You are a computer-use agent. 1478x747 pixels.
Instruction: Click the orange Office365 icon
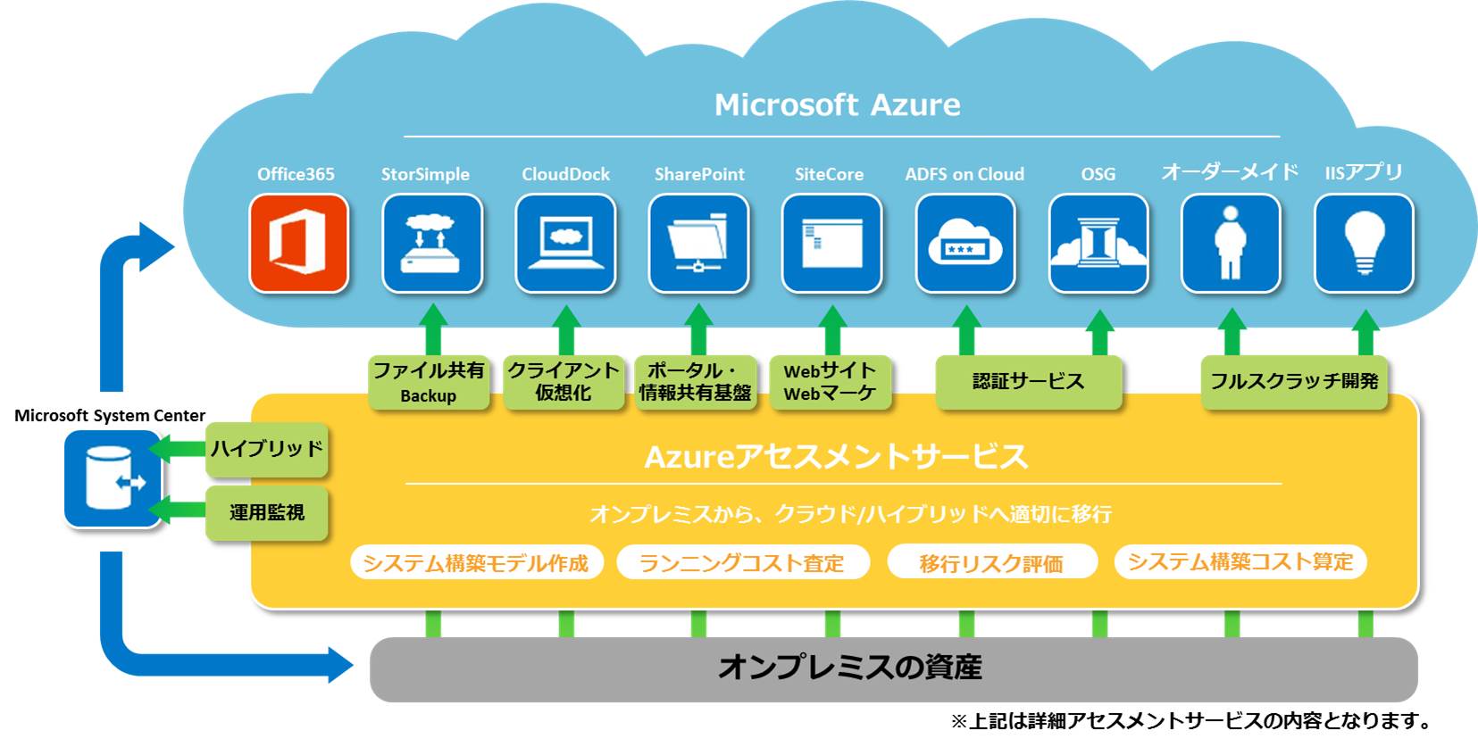[x=298, y=244]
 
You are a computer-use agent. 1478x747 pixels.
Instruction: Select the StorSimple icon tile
[x=432, y=244]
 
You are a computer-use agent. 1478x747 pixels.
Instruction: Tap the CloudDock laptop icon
[x=565, y=244]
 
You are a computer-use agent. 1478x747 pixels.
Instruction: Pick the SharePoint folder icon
[x=698, y=244]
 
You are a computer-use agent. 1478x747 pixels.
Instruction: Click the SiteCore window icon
[x=831, y=244]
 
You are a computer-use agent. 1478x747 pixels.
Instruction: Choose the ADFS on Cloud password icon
[x=965, y=244]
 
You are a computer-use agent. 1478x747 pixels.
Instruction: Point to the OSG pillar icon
[x=1098, y=244]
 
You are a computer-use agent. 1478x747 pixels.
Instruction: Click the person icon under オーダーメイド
[x=1231, y=244]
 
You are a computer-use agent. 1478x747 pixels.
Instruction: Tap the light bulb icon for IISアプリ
[x=1364, y=244]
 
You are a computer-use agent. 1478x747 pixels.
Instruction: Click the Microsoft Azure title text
[x=837, y=105]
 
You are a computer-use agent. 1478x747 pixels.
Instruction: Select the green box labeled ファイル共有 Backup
[x=429, y=383]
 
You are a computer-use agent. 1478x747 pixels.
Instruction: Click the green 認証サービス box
[x=1028, y=382]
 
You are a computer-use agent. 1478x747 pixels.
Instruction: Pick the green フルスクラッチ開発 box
[x=1294, y=382]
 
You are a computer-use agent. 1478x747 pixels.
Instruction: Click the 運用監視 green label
[x=266, y=512]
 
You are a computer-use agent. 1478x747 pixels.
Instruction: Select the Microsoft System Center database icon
[x=113, y=478]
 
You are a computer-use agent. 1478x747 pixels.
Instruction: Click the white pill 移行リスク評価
[x=991, y=562]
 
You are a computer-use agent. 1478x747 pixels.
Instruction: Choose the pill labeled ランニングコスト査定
[x=742, y=562]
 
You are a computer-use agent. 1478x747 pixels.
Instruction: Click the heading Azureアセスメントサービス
[x=836, y=457]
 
